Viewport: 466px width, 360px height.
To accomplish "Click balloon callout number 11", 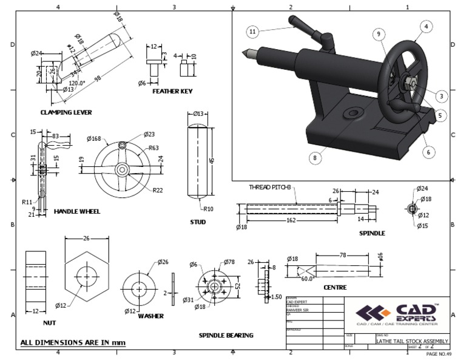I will [x=253, y=31].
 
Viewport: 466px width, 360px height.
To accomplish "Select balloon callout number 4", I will [x=427, y=27].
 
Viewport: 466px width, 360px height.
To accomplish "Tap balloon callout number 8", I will [x=314, y=157].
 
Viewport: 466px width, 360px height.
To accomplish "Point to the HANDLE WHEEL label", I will [x=77, y=211].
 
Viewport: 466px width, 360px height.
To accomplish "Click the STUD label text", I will [x=198, y=222].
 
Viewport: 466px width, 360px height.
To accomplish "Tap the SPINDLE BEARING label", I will [x=226, y=335].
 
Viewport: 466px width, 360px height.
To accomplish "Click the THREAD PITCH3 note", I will [x=271, y=187].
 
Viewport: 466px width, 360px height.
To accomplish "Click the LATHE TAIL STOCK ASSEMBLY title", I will [x=412, y=341].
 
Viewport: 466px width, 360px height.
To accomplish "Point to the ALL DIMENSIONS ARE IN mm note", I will [x=73, y=342].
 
